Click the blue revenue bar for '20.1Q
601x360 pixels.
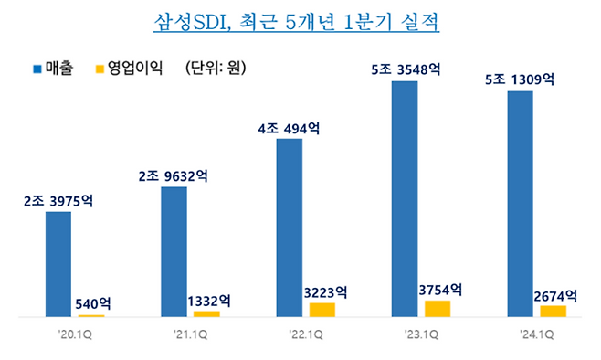(58, 264)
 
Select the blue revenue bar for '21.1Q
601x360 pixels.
(173, 251)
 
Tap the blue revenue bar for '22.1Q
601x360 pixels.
(289, 228)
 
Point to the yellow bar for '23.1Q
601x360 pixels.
(438, 308)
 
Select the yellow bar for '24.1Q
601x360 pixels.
(553, 311)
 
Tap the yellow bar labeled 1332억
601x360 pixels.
(206, 313)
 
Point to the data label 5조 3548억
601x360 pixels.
(405, 69)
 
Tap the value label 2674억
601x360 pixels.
(554, 294)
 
